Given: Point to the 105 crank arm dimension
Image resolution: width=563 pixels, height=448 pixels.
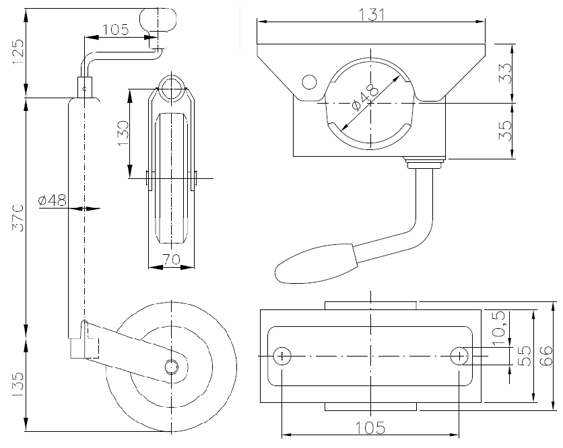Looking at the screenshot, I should point(115,30).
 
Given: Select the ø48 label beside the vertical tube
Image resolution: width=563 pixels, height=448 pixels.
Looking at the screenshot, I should point(52,200).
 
